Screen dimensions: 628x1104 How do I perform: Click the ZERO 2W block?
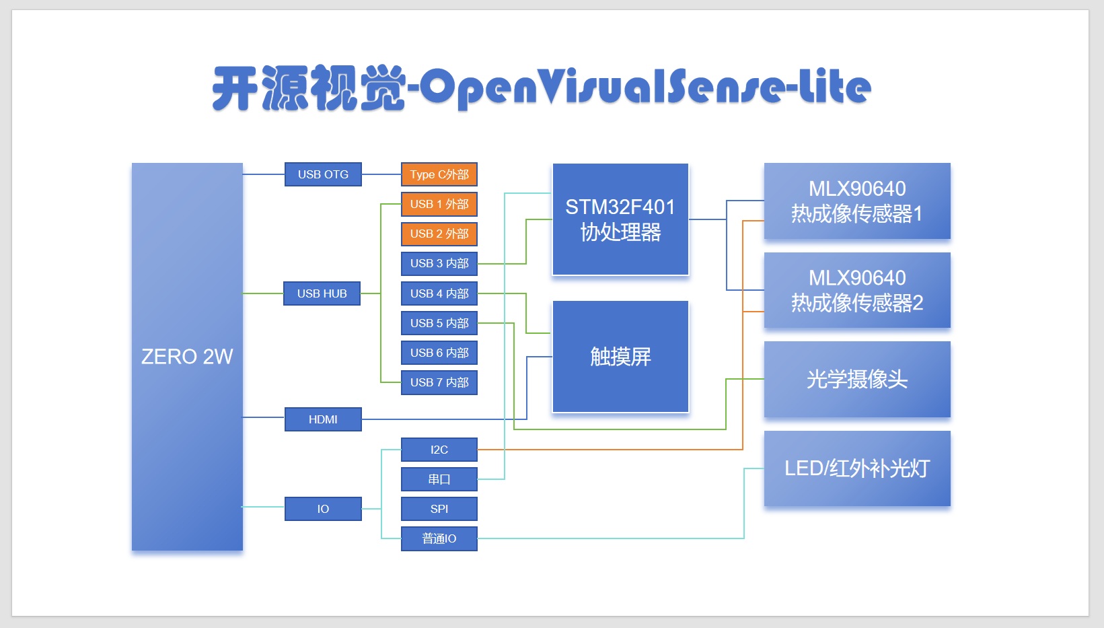[x=187, y=356]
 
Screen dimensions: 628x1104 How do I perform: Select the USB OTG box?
[x=323, y=174]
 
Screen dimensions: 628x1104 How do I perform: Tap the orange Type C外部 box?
[x=439, y=174]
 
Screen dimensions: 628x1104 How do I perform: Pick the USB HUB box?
[x=322, y=293]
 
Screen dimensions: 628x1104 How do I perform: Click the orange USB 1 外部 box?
[x=439, y=204]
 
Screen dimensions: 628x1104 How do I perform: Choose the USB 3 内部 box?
[x=439, y=263]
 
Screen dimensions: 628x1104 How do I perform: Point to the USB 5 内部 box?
[x=439, y=323]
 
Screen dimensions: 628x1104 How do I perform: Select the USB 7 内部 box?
[x=439, y=382]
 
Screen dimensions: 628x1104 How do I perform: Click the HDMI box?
[x=323, y=419]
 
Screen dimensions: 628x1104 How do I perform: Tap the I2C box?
[x=439, y=450]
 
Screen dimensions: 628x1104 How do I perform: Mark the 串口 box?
[x=439, y=479]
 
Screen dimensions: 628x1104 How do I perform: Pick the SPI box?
[x=439, y=509]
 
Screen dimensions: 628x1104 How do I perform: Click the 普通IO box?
[x=439, y=538]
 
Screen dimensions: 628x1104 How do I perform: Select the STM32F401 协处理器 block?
[x=620, y=219]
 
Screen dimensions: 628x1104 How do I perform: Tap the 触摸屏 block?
[x=620, y=356]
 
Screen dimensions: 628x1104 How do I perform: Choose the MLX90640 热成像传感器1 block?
[x=857, y=201]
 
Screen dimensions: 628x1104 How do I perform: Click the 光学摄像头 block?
[x=857, y=379]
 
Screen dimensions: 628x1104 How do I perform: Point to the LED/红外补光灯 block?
[x=857, y=468]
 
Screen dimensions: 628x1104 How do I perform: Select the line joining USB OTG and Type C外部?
[x=381, y=174]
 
